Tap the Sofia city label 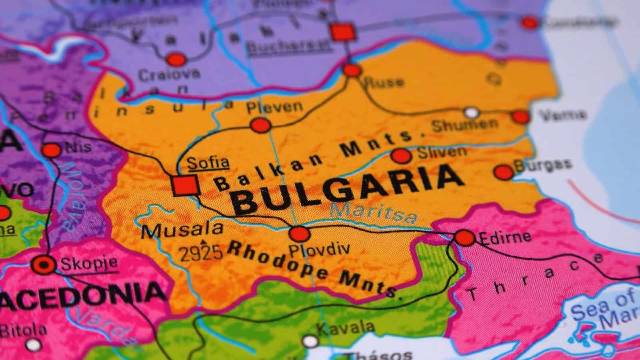(x=208, y=162)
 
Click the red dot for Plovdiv (x=300, y=233)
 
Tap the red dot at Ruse (x=352, y=70)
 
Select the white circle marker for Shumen (x=472, y=112)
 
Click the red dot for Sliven (x=401, y=156)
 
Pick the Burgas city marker (x=504, y=172)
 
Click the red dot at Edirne (x=465, y=238)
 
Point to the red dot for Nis (x=52, y=150)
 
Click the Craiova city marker (x=176, y=60)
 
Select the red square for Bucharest (x=342, y=32)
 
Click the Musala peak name (x=182, y=230)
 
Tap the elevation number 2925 (x=200, y=253)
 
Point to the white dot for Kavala (x=310, y=341)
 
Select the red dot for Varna (x=521, y=117)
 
